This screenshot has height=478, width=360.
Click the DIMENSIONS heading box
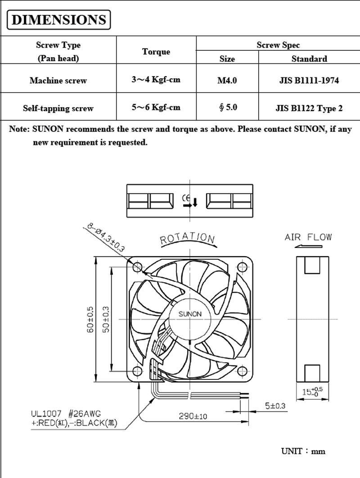tap(58, 19)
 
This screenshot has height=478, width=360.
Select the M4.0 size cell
tap(227, 81)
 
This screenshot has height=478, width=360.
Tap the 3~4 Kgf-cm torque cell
tap(156, 80)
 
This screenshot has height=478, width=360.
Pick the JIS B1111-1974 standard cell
tap(309, 81)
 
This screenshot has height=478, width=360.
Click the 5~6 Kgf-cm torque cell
tap(156, 107)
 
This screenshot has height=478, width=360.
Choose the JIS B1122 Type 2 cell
tap(309, 108)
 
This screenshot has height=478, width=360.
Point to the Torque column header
tap(156, 51)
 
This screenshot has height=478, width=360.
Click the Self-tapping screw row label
tap(58, 108)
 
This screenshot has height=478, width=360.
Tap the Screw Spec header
tap(278, 45)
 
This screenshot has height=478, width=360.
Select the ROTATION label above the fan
tap(188, 239)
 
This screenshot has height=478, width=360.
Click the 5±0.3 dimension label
tap(275, 406)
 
